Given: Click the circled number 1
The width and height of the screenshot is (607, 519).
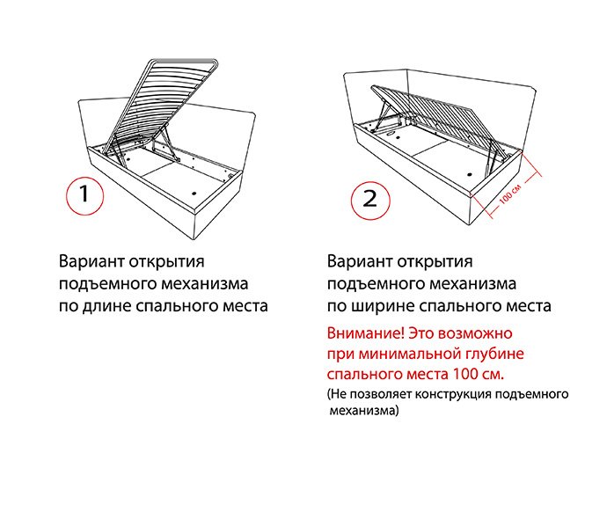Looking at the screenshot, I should pos(84,195).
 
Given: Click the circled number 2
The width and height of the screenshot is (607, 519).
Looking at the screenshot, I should pos(370,200).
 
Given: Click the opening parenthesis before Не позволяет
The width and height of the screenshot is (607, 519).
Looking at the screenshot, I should pos(328,395).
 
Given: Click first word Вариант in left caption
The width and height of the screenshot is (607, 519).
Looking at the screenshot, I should pos(91,262).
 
